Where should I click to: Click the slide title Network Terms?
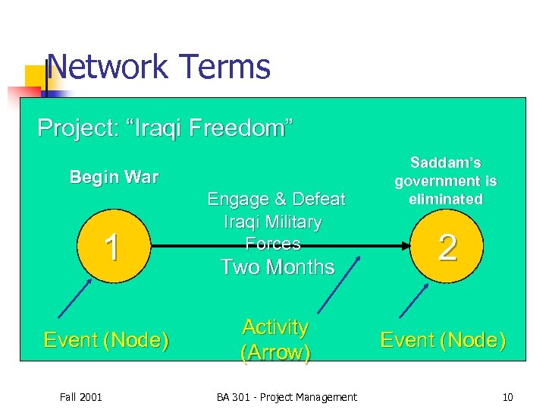pos(158,67)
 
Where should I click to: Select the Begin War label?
pos(114,178)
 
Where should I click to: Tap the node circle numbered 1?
pos(111,248)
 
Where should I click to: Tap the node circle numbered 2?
pos(447,248)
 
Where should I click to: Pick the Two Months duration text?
pos(277,267)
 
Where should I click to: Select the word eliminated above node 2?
pos(445,199)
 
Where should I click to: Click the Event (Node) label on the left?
pos(105,340)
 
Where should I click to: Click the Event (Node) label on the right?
pos(443,340)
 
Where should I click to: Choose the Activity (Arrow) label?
pos(275,340)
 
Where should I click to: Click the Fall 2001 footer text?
pos(82,396)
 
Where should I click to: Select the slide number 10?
pos(507,396)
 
